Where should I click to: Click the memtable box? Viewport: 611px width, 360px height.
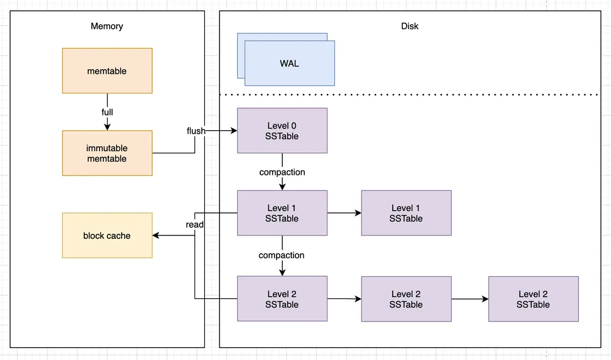point(107,71)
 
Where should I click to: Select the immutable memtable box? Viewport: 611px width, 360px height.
point(107,153)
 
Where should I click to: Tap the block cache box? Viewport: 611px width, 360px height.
point(107,235)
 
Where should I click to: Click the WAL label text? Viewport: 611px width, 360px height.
point(289,63)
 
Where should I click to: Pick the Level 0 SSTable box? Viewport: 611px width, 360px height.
point(282,131)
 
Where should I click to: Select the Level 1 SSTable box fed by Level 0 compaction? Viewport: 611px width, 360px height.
point(282,213)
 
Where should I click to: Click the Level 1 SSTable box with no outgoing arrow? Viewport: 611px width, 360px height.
point(406,213)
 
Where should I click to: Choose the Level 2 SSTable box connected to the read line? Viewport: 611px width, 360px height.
point(282,299)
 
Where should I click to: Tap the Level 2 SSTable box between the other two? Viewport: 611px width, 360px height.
point(406,299)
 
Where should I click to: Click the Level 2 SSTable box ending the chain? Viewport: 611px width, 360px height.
point(533,299)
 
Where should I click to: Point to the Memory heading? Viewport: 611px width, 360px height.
point(107,26)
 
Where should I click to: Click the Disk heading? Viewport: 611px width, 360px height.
point(410,26)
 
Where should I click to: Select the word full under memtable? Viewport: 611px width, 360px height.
point(107,112)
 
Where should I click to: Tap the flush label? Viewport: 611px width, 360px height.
point(196,131)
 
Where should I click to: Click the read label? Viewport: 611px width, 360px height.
point(195,225)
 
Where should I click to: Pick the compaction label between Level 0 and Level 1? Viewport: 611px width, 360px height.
point(282,172)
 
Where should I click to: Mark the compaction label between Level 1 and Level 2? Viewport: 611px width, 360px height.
point(281,255)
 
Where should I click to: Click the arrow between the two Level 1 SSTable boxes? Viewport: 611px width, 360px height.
point(344,213)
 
